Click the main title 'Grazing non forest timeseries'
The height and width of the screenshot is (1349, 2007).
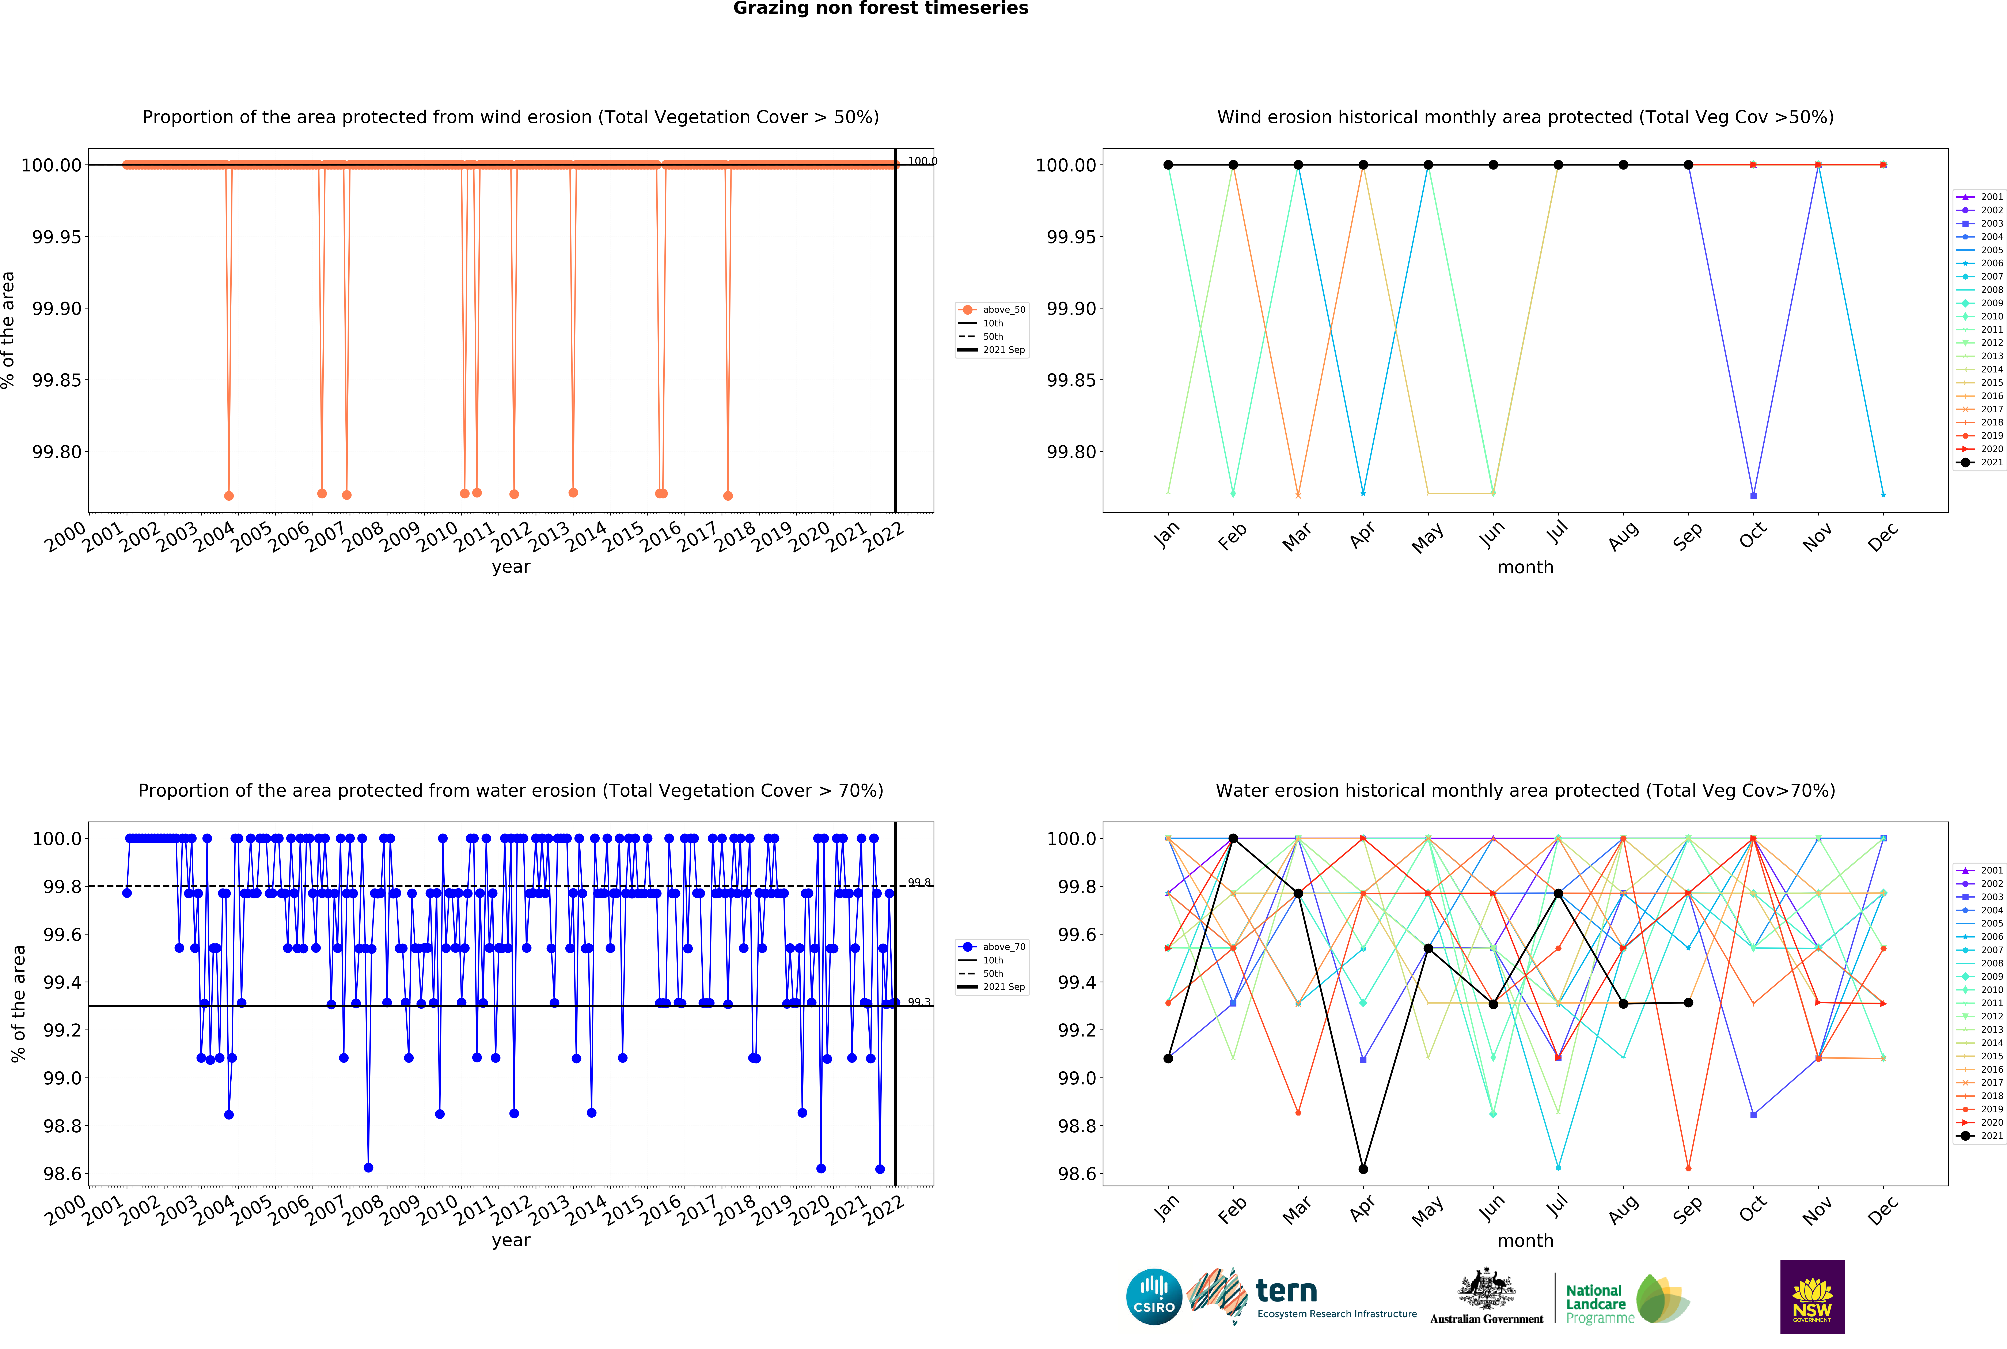880,9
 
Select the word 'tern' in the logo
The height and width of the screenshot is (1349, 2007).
1286,1291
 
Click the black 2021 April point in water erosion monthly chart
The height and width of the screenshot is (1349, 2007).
1363,1168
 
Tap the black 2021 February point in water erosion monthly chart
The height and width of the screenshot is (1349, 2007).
1233,838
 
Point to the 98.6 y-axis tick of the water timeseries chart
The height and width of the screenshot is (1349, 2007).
62,1174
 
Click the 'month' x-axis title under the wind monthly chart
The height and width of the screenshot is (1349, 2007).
1525,567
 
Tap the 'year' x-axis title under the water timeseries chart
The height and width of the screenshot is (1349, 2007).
511,1240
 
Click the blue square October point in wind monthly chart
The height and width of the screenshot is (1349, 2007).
1753,496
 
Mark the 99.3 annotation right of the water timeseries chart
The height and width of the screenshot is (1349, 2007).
919,1001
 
